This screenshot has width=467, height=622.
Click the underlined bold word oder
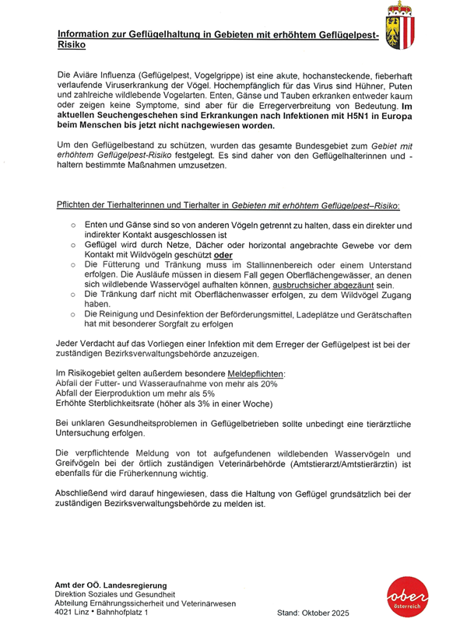click(x=224, y=255)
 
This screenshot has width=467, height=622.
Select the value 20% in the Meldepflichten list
click(x=266, y=384)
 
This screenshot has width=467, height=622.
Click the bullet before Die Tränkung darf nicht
click(x=72, y=295)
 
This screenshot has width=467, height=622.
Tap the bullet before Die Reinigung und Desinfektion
click(x=72, y=316)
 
